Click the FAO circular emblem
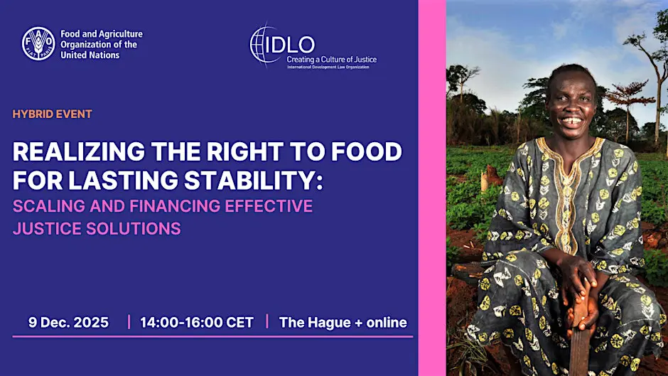click(38, 43)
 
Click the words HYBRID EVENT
click(53, 114)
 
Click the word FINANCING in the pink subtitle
click(175, 206)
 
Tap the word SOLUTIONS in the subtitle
click(134, 228)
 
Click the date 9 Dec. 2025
click(69, 322)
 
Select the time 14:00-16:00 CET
click(197, 322)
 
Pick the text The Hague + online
click(343, 322)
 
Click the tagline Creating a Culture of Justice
click(331, 60)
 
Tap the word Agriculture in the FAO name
click(121, 34)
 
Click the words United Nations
click(90, 55)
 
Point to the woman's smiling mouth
click(571, 121)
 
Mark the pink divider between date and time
click(129, 322)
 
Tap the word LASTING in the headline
click(123, 180)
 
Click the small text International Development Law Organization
click(328, 67)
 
